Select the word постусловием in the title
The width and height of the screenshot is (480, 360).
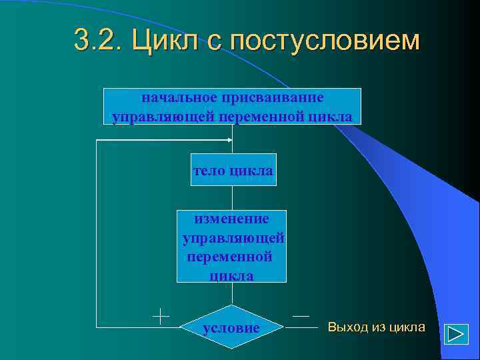(325, 41)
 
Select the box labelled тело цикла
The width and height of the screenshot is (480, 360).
(232, 171)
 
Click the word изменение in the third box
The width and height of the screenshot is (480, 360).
(231, 219)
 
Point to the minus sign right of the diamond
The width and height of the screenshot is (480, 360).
(301, 315)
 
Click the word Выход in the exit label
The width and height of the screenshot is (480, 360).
(347, 327)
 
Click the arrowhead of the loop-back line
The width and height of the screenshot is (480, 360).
(231, 141)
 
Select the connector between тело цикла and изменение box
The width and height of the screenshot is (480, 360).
(232, 197)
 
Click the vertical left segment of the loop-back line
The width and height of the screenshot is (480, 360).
(97, 233)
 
